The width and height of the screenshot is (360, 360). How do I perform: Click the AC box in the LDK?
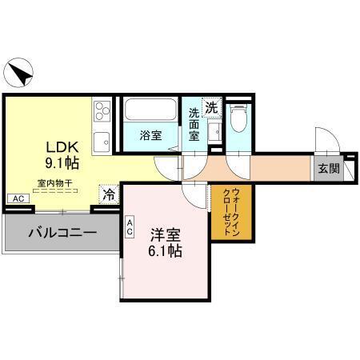pyautogui.click(x=16, y=198)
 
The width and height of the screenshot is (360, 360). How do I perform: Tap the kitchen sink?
pyautogui.click(x=102, y=142)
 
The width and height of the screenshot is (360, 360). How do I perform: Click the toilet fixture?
pyautogui.click(x=236, y=118)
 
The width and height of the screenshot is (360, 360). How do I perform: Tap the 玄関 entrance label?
pyautogui.click(x=327, y=168)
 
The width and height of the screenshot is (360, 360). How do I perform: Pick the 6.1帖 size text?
pyautogui.click(x=165, y=251)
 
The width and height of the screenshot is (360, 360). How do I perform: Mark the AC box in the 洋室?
pyautogui.click(x=129, y=228)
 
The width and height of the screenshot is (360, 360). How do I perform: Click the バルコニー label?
pyautogui.click(x=62, y=234)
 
